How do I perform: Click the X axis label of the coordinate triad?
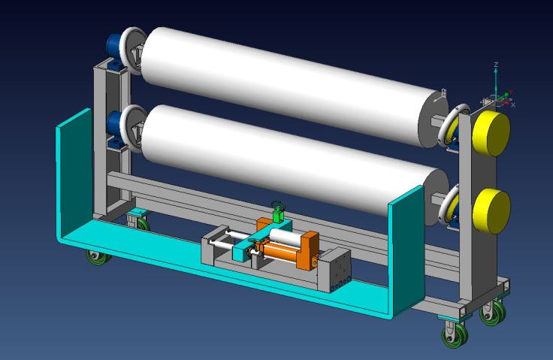click(513, 104)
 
